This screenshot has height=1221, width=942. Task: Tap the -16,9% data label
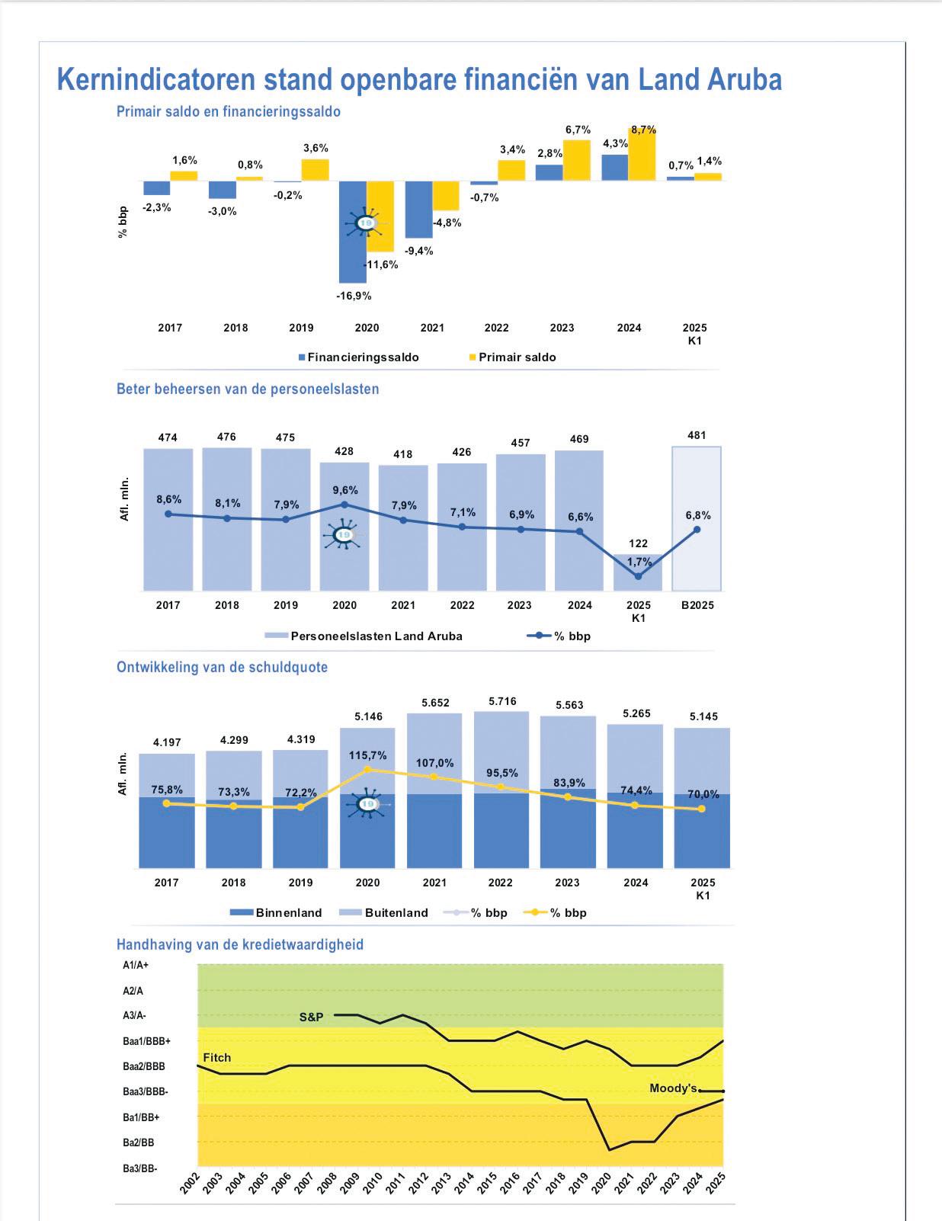click(354, 296)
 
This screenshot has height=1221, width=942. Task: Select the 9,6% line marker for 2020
click(344, 505)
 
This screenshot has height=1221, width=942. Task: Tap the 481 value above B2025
click(697, 435)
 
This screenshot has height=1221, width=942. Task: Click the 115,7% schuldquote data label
click(368, 755)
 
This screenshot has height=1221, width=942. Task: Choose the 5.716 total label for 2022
click(502, 701)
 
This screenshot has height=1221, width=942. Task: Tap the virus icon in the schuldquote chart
click(367, 804)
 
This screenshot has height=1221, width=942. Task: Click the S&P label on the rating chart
click(311, 1017)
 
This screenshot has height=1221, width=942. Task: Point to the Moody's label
click(673, 1088)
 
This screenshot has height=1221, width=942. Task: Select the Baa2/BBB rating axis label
click(144, 1066)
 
